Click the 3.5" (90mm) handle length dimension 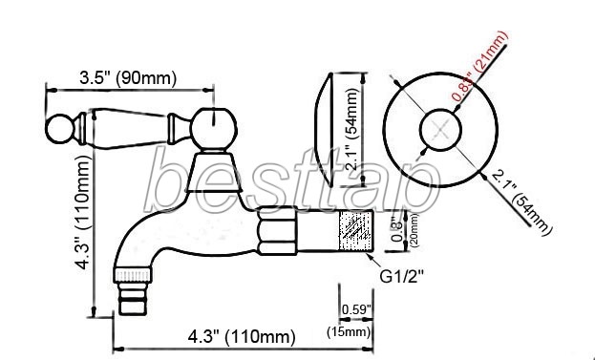pyautogui.click(x=128, y=78)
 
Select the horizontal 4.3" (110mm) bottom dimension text pyautogui.click(x=242, y=336)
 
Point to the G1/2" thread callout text pyautogui.click(x=401, y=277)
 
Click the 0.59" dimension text pyautogui.click(x=356, y=309)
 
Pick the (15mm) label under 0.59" pyautogui.click(x=349, y=332)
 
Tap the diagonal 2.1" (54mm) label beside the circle pyautogui.click(x=522, y=202)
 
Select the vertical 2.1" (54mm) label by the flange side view pyautogui.click(x=352, y=129)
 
